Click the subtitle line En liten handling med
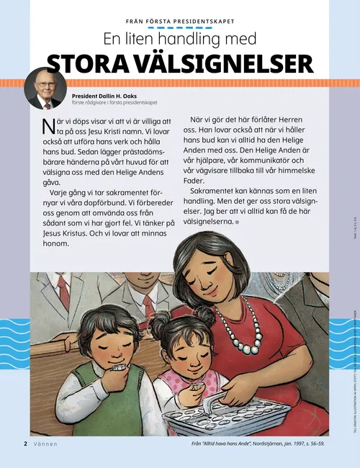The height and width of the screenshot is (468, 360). [x=180, y=41]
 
